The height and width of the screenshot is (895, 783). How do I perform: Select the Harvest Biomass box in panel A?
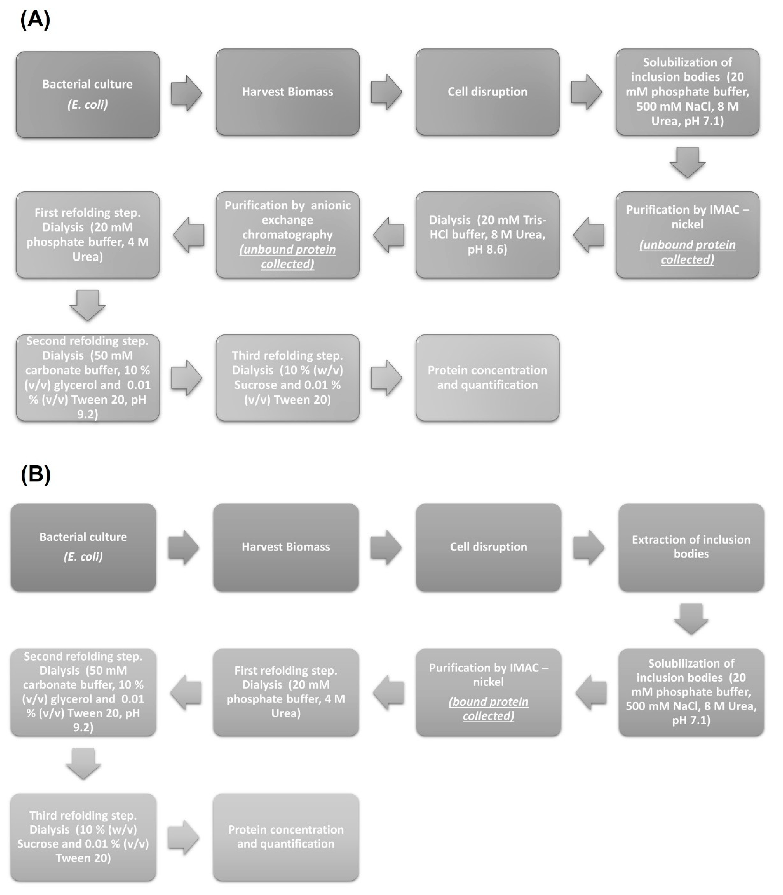pos(287,92)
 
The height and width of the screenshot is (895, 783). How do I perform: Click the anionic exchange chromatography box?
pos(287,235)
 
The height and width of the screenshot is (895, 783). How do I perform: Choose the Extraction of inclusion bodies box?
pos(691,547)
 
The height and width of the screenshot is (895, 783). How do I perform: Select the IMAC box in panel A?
pos(687,235)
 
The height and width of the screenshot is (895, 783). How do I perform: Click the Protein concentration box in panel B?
pos(286,837)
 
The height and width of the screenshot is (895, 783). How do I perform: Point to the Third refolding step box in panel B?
pos(83,837)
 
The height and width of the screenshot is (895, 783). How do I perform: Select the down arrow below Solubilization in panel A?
pos(687,162)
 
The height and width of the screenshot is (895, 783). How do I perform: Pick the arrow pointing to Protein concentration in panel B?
pos(183,837)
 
